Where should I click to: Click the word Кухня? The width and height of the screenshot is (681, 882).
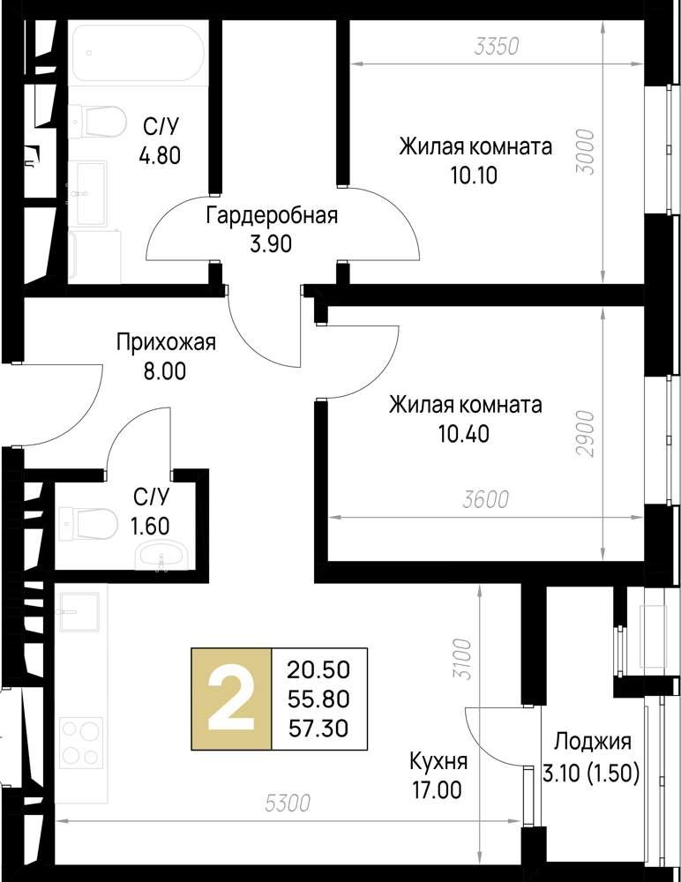(438, 761)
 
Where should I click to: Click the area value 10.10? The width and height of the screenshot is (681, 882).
(474, 174)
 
